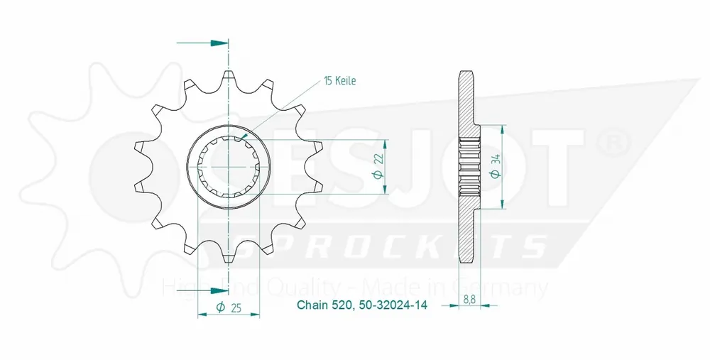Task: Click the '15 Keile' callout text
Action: point(339,81)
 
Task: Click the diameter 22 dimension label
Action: point(379,167)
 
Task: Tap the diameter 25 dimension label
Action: point(229,307)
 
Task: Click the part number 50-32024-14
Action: point(393,305)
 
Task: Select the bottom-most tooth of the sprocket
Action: point(229,257)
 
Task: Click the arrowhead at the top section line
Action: point(219,43)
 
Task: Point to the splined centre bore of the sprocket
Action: point(229,168)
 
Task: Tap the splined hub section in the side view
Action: point(470,167)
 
